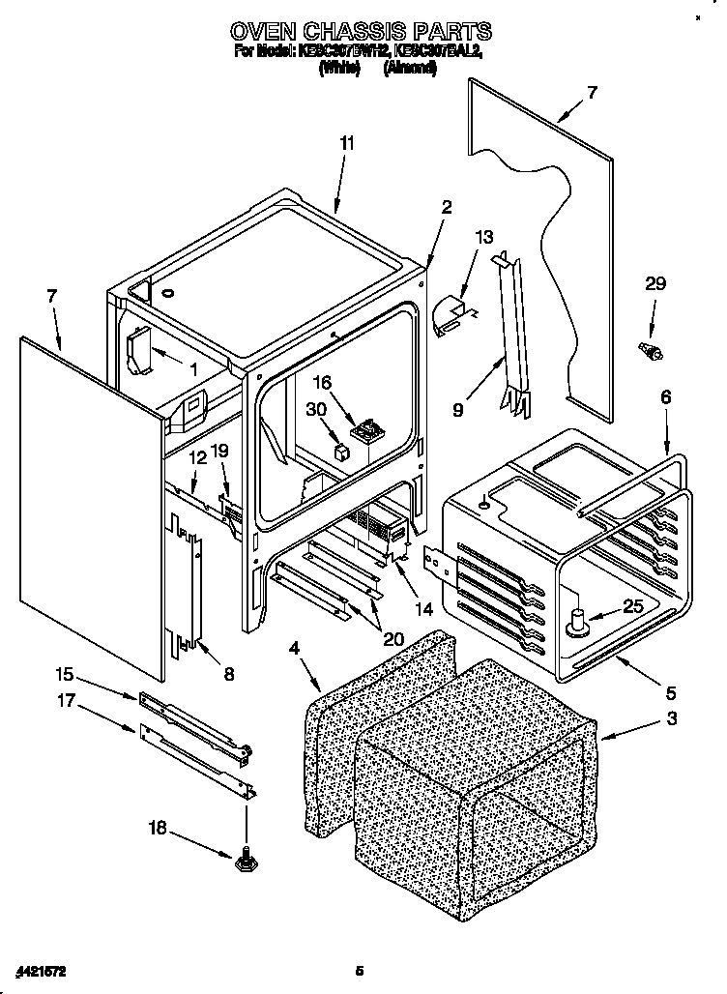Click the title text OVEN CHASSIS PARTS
[360, 32]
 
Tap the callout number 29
[655, 283]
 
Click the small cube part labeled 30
[340, 450]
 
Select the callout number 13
[484, 237]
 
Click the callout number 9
[457, 409]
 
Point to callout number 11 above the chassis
[346, 143]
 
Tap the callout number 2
[446, 206]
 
